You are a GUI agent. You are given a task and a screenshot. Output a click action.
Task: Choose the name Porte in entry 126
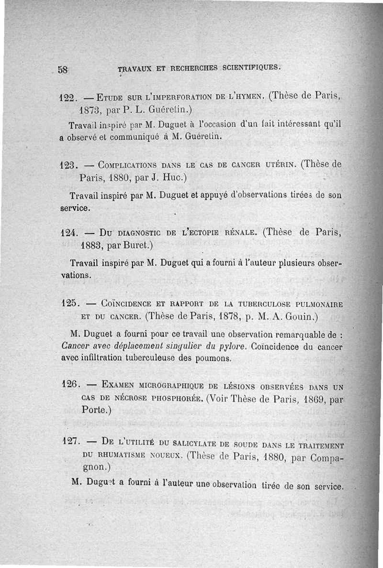(x=93, y=410)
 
